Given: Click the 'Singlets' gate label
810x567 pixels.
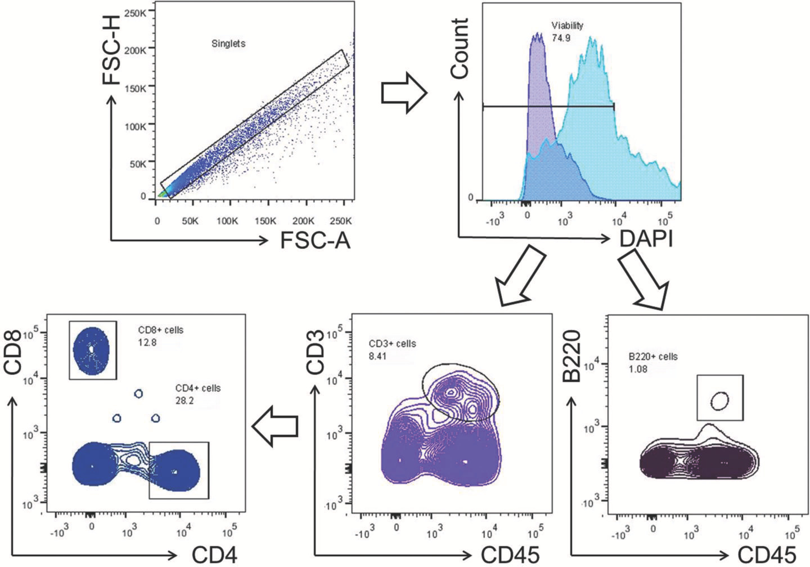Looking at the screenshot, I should (x=228, y=43).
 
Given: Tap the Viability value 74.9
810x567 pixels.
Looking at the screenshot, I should (x=561, y=38).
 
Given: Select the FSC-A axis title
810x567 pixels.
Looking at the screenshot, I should (x=315, y=240).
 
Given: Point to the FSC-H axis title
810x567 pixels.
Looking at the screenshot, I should (x=111, y=58).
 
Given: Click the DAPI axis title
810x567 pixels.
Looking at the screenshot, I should (x=646, y=238).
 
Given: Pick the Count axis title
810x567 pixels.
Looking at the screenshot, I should (x=460, y=48).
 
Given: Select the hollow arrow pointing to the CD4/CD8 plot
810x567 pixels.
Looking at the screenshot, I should (x=274, y=427).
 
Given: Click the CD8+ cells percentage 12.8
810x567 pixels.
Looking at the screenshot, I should (x=147, y=342).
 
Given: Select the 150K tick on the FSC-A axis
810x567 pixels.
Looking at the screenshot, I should (x=265, y=221).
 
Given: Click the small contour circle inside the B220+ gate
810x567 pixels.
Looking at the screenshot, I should (x=719, y=401).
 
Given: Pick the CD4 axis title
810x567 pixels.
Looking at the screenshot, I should (x=214, y=555).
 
